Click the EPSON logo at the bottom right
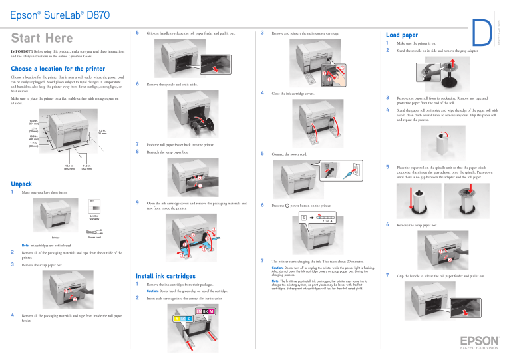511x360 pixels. pos(474,341)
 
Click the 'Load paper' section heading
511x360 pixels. pos(402,35)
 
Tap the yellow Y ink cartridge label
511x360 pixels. pos(176,319)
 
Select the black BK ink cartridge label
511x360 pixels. pos(204,311)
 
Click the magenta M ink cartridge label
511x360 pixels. pos(212,311)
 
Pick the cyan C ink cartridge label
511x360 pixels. pos(189,319)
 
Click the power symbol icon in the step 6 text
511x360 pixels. pos(287,206)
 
